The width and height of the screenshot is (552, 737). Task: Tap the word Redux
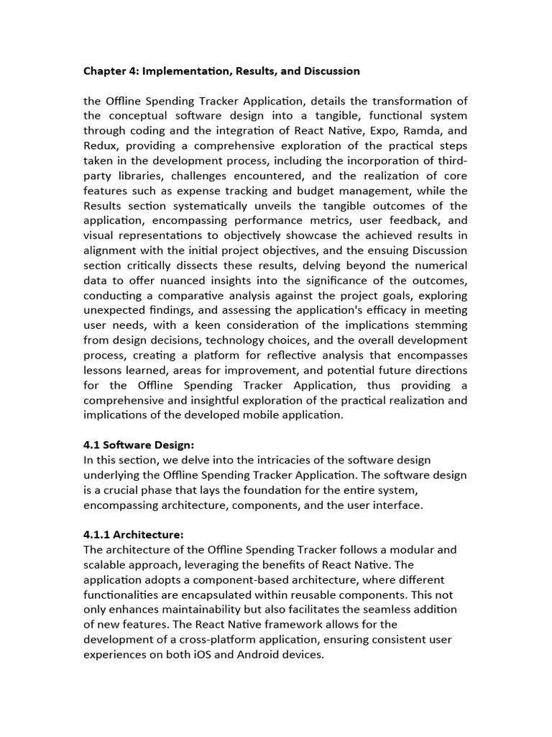[101, 146]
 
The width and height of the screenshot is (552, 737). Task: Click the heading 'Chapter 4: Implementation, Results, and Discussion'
[221, 71]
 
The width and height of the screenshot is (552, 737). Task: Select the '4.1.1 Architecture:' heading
[134, 535]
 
